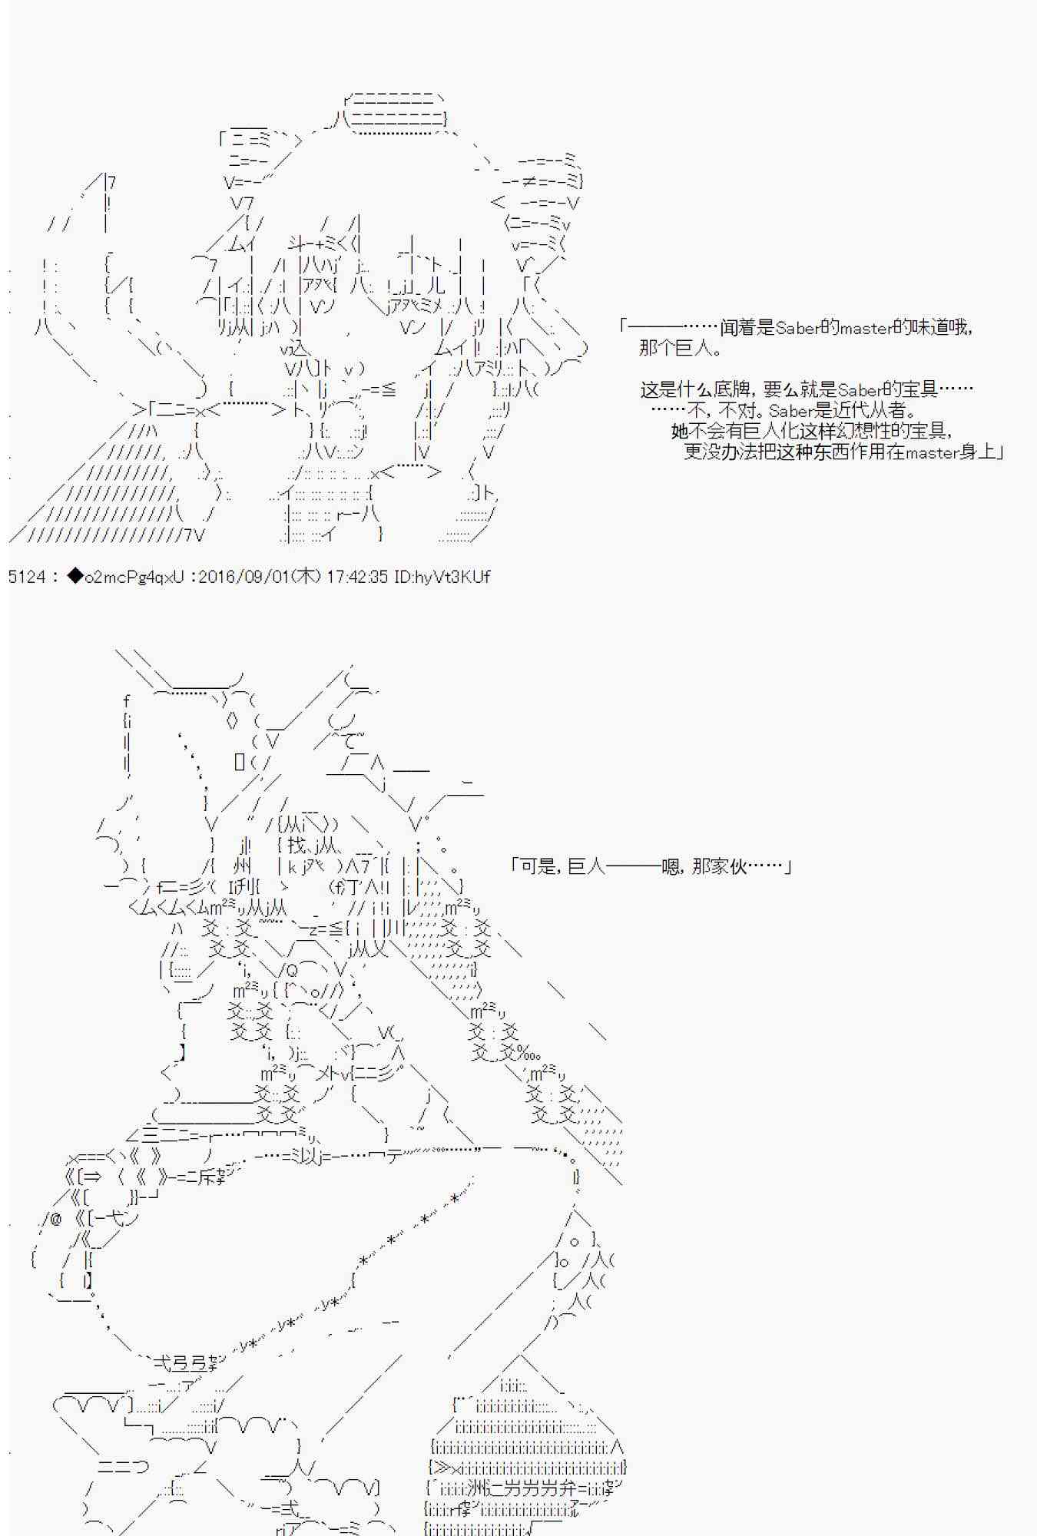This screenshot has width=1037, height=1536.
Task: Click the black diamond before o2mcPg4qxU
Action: pyautogui.click(x=75, y=576)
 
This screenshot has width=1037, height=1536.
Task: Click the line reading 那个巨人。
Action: pyautogui.click(x=680, y=348)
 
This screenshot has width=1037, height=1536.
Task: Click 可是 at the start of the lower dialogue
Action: pyautogui.click(x=538, y=866)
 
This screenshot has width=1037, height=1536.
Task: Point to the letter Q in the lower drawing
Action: pyautogui.click(x=292, y=969)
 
